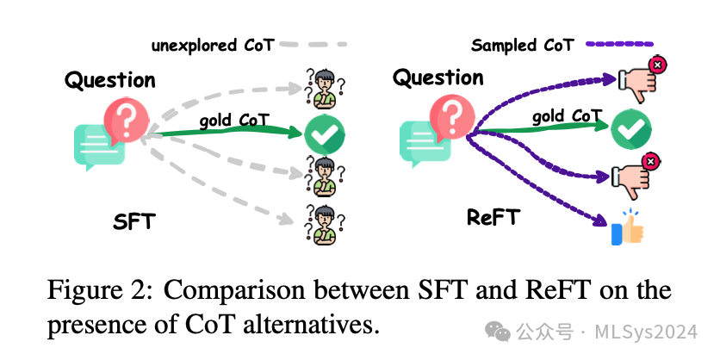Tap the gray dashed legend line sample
click(x=313, y=44)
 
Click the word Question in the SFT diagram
click(x=110, y=81)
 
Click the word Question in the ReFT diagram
click(x=438, y=78)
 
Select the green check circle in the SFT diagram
click(x=325, y=133)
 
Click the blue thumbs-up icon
click(x=627, y=228)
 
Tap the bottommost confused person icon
click(x=324, y=224)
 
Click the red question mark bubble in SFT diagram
click(x=126, y=121)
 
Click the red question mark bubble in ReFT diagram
click(x=453, y=119)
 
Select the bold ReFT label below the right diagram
click(x=493, y=218)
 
